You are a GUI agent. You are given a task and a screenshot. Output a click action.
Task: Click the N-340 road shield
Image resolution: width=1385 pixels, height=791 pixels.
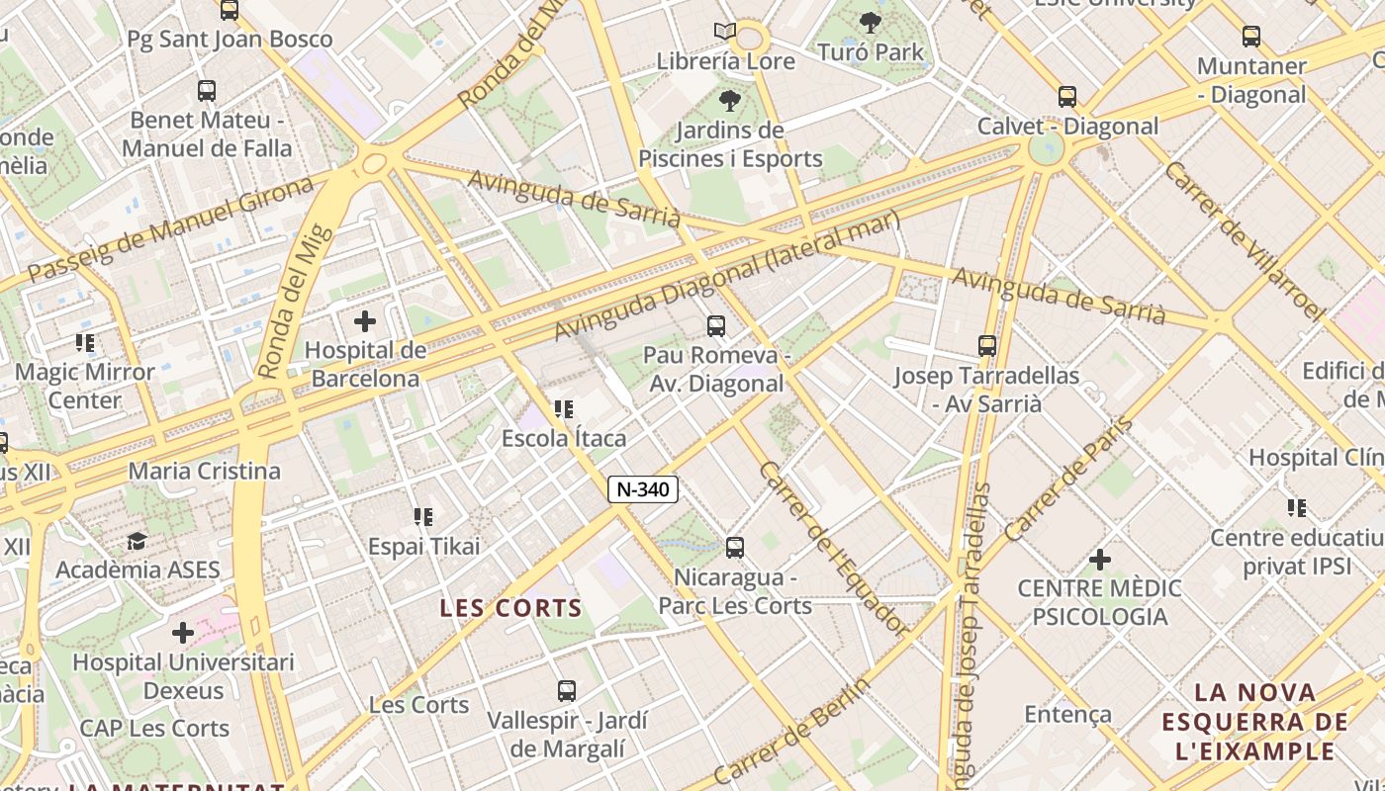(x=643, y=488)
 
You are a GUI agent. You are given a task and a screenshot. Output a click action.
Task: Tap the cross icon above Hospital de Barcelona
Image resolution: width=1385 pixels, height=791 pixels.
(x=365, y=321)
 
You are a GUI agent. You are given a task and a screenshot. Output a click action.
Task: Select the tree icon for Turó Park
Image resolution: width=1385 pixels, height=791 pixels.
(x=871, y=22)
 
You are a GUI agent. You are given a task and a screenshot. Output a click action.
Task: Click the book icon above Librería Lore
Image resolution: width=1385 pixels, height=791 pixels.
(x=725, y=32)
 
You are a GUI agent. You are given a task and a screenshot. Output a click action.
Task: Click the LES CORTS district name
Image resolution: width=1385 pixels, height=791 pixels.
(x=510, y=608)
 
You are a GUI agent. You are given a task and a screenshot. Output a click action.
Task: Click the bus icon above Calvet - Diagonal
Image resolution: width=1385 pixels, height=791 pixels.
(x=1066, y=97)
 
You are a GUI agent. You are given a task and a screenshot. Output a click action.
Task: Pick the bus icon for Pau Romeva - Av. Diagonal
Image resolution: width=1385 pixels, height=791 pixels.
(x=716, y=325)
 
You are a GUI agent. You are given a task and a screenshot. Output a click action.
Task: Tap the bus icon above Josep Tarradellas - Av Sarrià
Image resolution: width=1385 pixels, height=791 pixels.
(x=986, y=346)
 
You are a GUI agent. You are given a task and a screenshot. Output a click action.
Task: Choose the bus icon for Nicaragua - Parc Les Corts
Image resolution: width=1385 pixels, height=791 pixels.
(x=734, y=548)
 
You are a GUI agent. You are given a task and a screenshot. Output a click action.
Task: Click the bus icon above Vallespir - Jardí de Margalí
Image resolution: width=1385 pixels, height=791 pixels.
(x=566, y=691)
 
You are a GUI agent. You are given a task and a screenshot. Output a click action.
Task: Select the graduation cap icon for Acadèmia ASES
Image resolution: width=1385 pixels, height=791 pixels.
(x=137, y=541)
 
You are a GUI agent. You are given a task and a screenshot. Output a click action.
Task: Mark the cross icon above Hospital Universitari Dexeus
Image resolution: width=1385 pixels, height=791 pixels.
(x=183, y=633)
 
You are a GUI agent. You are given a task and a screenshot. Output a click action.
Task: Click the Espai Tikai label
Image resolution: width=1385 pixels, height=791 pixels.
(x=423, y=546)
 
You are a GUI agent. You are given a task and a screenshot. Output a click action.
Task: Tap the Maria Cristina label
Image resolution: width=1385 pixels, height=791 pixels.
(x=205, y=471)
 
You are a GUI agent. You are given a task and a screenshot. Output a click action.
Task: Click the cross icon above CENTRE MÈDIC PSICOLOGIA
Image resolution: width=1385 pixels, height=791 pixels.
(x=1099, y=561)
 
